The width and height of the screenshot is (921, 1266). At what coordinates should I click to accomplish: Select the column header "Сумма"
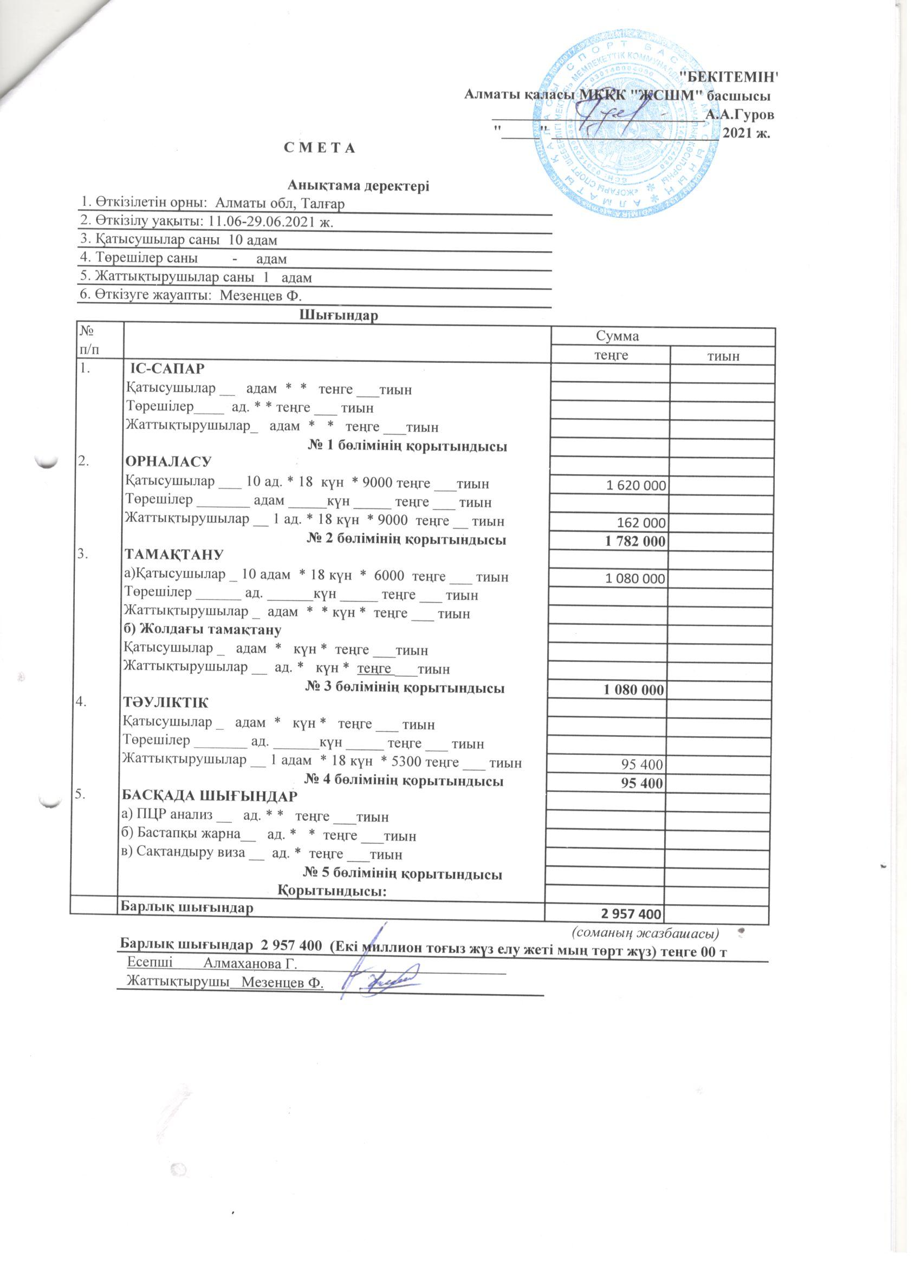coord(617,336)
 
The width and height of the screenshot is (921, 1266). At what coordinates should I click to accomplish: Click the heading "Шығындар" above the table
coord(339,316)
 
